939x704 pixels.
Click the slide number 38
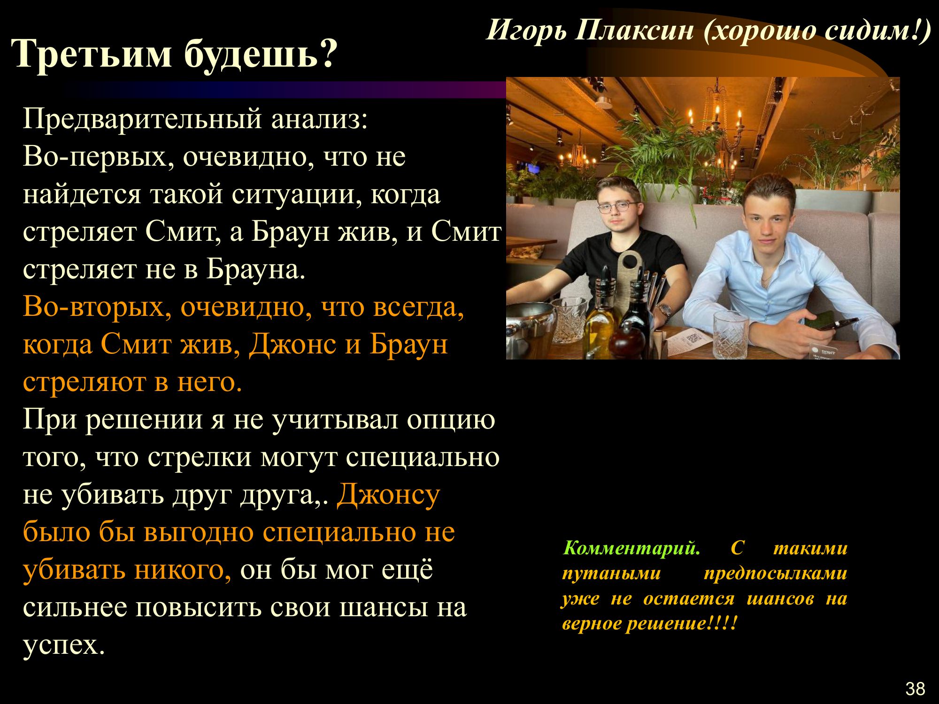point(915,689)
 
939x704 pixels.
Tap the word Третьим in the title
point(92,54)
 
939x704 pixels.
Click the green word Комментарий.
point(631,548)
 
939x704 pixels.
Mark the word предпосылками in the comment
point(775,574)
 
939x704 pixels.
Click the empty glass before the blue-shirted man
point(731,334)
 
